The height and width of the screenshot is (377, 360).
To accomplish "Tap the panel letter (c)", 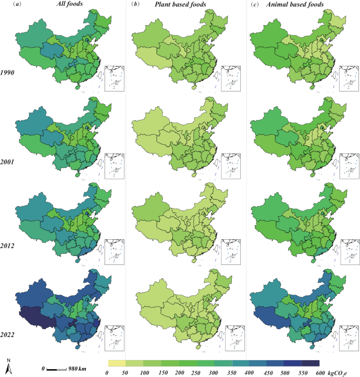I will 255,5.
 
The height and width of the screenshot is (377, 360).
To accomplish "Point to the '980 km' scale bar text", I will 78,369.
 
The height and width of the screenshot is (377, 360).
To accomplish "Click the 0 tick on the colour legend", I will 107,372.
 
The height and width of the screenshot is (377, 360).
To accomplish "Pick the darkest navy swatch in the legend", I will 311,363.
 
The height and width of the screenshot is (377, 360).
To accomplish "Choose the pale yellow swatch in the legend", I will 116,363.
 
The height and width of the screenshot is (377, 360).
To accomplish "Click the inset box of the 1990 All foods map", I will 114,79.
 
